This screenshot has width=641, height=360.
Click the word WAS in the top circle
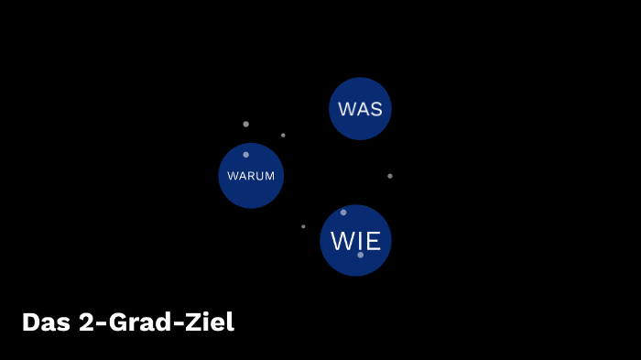point(360,109)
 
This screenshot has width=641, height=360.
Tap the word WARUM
point(251,176)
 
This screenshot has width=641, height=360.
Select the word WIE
point(355,241)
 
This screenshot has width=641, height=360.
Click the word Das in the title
point(43,322)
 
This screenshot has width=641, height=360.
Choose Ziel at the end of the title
point(210,322)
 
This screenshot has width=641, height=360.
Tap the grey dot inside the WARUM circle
point(245,155)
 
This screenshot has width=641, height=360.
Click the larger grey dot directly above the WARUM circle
point(245,124)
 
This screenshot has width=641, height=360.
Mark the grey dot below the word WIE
point(360,255)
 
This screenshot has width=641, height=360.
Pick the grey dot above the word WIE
point(343,213)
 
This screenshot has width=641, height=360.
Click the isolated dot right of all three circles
point(389,176)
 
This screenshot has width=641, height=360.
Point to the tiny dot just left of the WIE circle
point(303,226)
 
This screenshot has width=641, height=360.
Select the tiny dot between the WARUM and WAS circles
point(283,136)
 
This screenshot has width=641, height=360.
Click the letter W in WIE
point(342,241)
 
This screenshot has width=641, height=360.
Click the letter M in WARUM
point(269,176)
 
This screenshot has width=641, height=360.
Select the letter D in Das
point(29,322)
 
